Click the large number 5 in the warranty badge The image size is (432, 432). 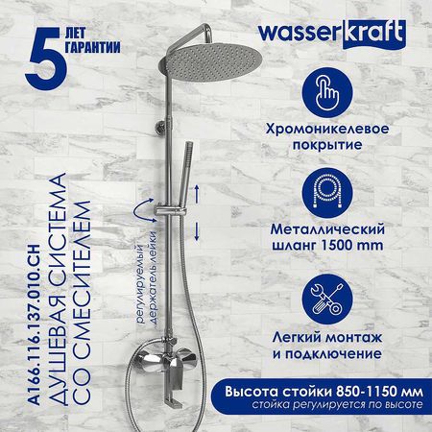46,59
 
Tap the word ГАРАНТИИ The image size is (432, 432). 93,47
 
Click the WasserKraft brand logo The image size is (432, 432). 332,35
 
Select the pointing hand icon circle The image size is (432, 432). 327,92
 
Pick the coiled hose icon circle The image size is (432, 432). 327,193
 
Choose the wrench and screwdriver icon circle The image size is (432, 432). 327,300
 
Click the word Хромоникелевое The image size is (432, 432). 327,129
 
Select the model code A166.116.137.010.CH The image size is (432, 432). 34,325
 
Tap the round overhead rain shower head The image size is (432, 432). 209,60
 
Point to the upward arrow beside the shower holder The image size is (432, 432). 197,194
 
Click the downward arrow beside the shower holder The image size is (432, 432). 197,231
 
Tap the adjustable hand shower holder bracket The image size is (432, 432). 170,210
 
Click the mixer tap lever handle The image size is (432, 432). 175,371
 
